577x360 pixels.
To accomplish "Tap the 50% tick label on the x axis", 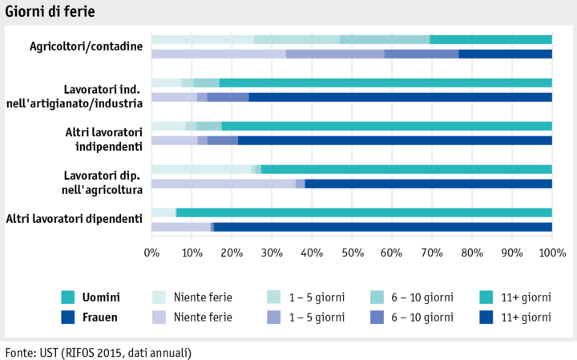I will (x=352, y=253).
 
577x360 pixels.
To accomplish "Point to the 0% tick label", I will (x=151, y=253).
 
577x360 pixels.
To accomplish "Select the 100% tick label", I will (x=551, y=253).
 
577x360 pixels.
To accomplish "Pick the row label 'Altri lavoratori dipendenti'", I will (x=74, y=218).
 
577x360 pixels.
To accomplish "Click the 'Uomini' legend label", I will (x=101, y=297).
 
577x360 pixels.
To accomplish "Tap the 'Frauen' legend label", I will (x=100, y=317).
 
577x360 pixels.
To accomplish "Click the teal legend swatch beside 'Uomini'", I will (x=68, y=297).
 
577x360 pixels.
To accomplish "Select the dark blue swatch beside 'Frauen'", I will (x=68, y=317).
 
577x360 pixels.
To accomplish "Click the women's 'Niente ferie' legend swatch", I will (x=160, y=317).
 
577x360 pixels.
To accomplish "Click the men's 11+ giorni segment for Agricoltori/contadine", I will (x=490, y=39).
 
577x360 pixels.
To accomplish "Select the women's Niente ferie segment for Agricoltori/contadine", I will (x=218, y=54).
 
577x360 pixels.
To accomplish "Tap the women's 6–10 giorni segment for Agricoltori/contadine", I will (x=421, y=54).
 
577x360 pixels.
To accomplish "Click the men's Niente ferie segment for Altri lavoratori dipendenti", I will (x=163, y=212).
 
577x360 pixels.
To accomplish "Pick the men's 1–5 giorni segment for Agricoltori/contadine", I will (x=297, y=39).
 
